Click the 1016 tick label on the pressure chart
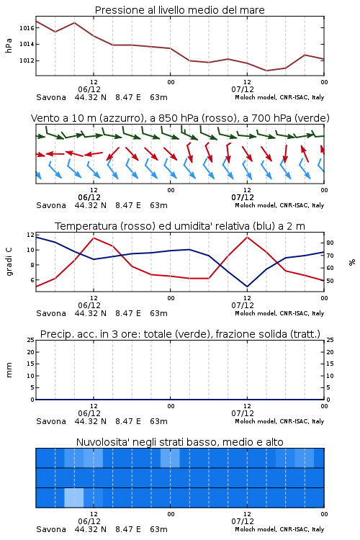tap(27, 28)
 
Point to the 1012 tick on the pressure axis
tap(27, 60)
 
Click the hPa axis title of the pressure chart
tap(9, 45)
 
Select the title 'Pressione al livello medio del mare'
tap(180, 10)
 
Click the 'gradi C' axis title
tap(9, 262)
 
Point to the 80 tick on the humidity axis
tap(330, 243)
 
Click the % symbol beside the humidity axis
tap(352, 262)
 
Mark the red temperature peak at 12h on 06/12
tap(94, 238)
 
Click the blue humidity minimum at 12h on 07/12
tap(247, 287)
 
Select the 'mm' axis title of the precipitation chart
tap(9, 370)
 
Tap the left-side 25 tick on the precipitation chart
tap(31, 340)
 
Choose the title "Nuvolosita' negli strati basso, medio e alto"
tap(180, 442)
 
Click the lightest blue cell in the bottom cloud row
tap(74, 498)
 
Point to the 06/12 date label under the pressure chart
tap(89, 89)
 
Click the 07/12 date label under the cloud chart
tap(243, 521)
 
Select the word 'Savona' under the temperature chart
tap(51, 313)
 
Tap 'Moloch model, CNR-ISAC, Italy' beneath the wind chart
tap(279, 205)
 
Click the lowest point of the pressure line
tap(266, 71)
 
